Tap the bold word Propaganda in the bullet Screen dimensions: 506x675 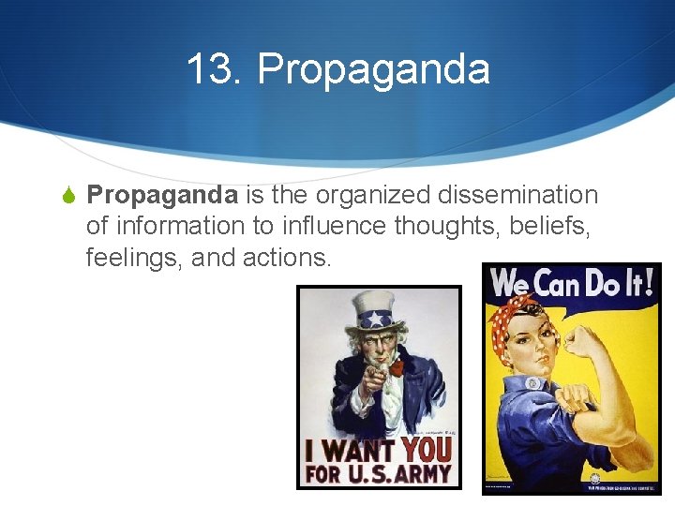click(x=162, y=195)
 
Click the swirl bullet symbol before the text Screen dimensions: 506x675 click(x=67, y=196)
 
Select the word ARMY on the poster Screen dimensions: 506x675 click(x=420, y=473)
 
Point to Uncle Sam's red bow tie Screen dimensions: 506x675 click(x=397, y=368)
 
